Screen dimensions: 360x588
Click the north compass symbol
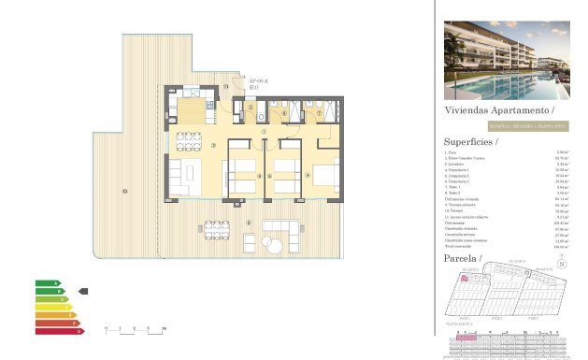click(562, 265)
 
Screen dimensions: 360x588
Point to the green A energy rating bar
click(48, 282)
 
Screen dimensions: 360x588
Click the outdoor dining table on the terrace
click(216, 228)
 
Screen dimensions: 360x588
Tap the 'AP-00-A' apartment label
click(258, 82)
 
